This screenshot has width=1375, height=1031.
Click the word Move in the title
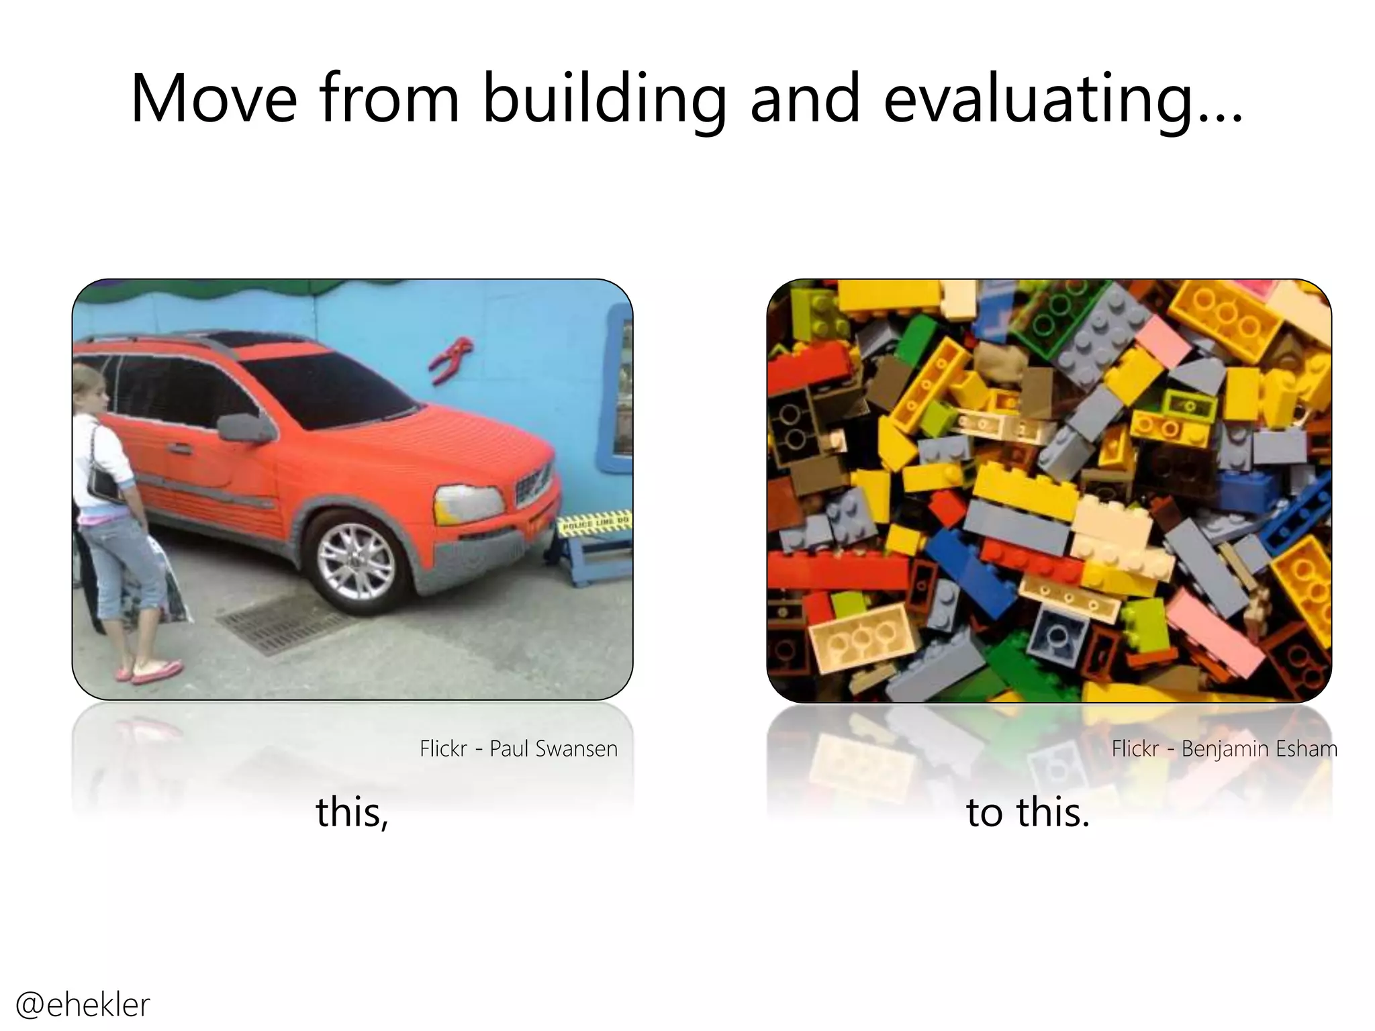[x=214, y=99]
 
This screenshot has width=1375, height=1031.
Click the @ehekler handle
[x=83, y=1004]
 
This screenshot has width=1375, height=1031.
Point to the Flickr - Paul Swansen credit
[x=518, y=748]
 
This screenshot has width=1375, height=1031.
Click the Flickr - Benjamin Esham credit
[x=1224, y=748]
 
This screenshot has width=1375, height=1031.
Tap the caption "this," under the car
[x=352, y=812]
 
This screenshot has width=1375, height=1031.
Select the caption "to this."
[x=1027, y=812]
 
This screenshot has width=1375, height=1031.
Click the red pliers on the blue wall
[x=451, y=358]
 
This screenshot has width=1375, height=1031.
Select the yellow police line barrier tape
[x=595, y=524]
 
